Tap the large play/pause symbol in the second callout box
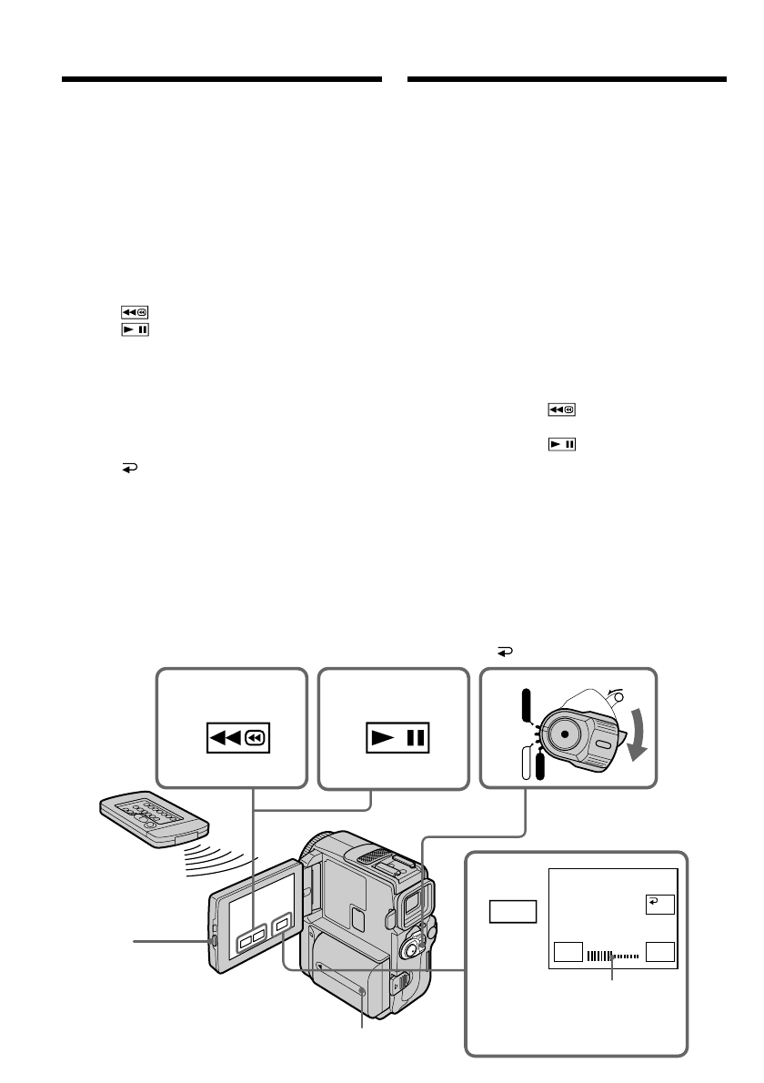[397, 735]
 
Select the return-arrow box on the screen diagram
[655, 903]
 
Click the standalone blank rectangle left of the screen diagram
[511, 911]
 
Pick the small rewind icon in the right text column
[561, 410]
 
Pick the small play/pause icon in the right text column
[561, 445]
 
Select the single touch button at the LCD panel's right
[283, 924]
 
